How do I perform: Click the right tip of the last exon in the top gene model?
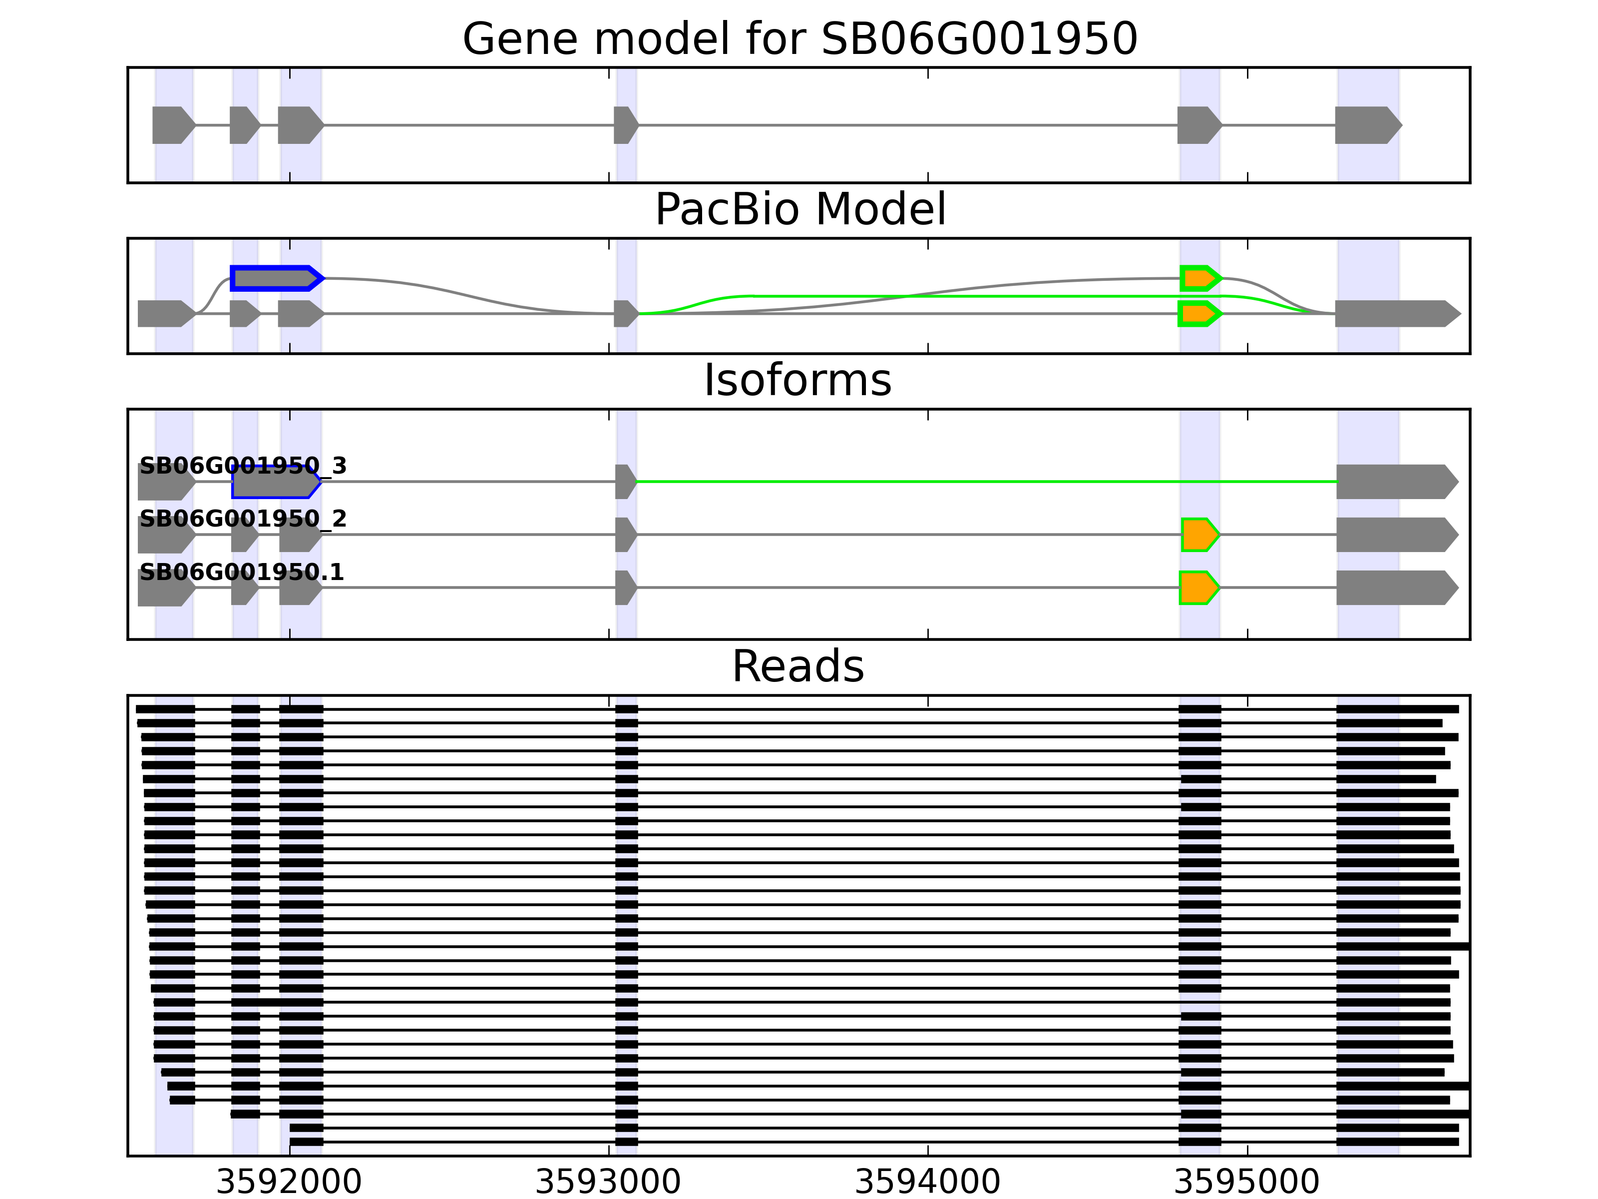[1402, 125]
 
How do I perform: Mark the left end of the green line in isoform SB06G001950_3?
[637, 481]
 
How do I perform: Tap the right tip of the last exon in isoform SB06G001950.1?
[1459, 588]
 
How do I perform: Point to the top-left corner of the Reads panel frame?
[128, 696]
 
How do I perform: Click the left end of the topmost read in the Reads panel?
[136, 709]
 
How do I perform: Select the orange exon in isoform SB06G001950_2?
[1200, 535]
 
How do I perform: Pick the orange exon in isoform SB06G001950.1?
[1199, 588]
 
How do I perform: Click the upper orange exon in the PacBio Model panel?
[1200, 278]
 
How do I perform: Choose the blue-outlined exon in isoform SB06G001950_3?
[276, 481]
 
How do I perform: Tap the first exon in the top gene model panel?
[173, 125]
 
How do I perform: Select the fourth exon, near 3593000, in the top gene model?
[626, 125]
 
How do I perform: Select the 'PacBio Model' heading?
[799, 210]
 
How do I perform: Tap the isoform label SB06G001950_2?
[243, 519]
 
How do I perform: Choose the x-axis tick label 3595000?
[1247, 1183]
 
